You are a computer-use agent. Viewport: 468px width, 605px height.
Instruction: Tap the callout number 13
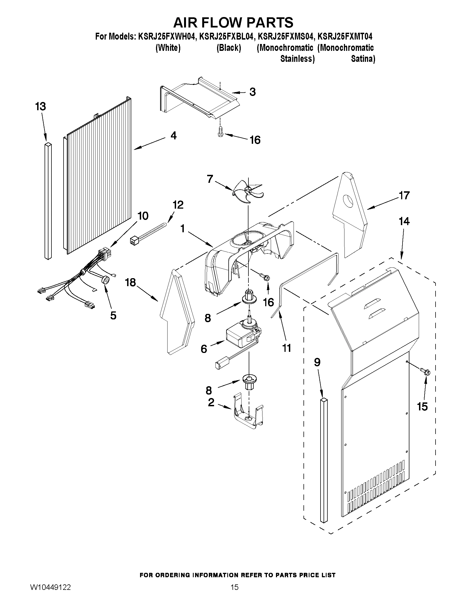pos(40,106)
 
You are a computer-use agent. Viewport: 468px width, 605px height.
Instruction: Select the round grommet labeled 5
pos(105,280)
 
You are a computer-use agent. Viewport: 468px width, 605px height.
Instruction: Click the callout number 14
pos(404,221)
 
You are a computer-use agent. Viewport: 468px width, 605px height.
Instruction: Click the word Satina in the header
pos(363,59)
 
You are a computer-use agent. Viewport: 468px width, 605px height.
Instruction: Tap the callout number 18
pos(130,283)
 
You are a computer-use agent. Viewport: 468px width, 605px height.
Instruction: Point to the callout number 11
pos(286,348)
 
